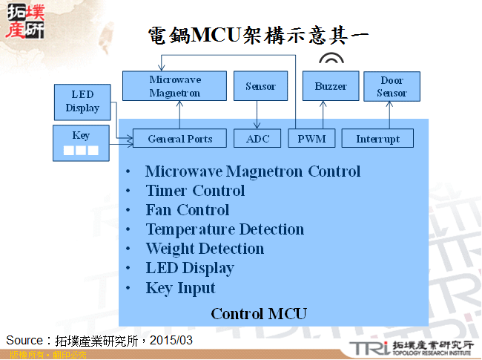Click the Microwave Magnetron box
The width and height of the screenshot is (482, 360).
tap(174, 86)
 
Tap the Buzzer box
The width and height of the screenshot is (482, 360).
tap(330, 86)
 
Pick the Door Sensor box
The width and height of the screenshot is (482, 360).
tap(392, 86)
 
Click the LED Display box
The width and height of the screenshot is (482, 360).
tap(82, 101)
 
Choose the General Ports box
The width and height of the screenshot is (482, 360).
tap(179, 138)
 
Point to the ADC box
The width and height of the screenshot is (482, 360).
tap(257, 138)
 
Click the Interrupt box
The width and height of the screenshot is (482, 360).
tap(377, 138)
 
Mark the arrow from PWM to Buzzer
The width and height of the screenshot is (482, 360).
tap(323, 114)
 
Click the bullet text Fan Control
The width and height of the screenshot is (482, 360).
tap(188, 210)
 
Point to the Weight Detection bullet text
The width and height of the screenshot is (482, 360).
tap(205, 249)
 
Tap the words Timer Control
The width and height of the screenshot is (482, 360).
tap(195, 191)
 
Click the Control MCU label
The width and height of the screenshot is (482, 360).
tap(259, 313)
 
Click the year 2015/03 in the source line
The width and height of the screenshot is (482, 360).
tap(171, 340)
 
